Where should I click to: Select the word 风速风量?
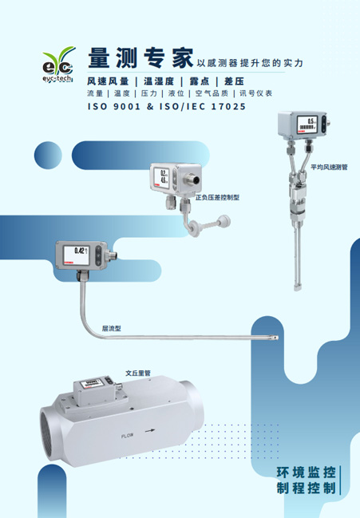[108, 81]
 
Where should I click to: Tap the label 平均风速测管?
[329, 168]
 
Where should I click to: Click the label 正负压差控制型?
[218, 196]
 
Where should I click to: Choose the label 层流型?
[111, 328]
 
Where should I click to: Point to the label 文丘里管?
[138, 372]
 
